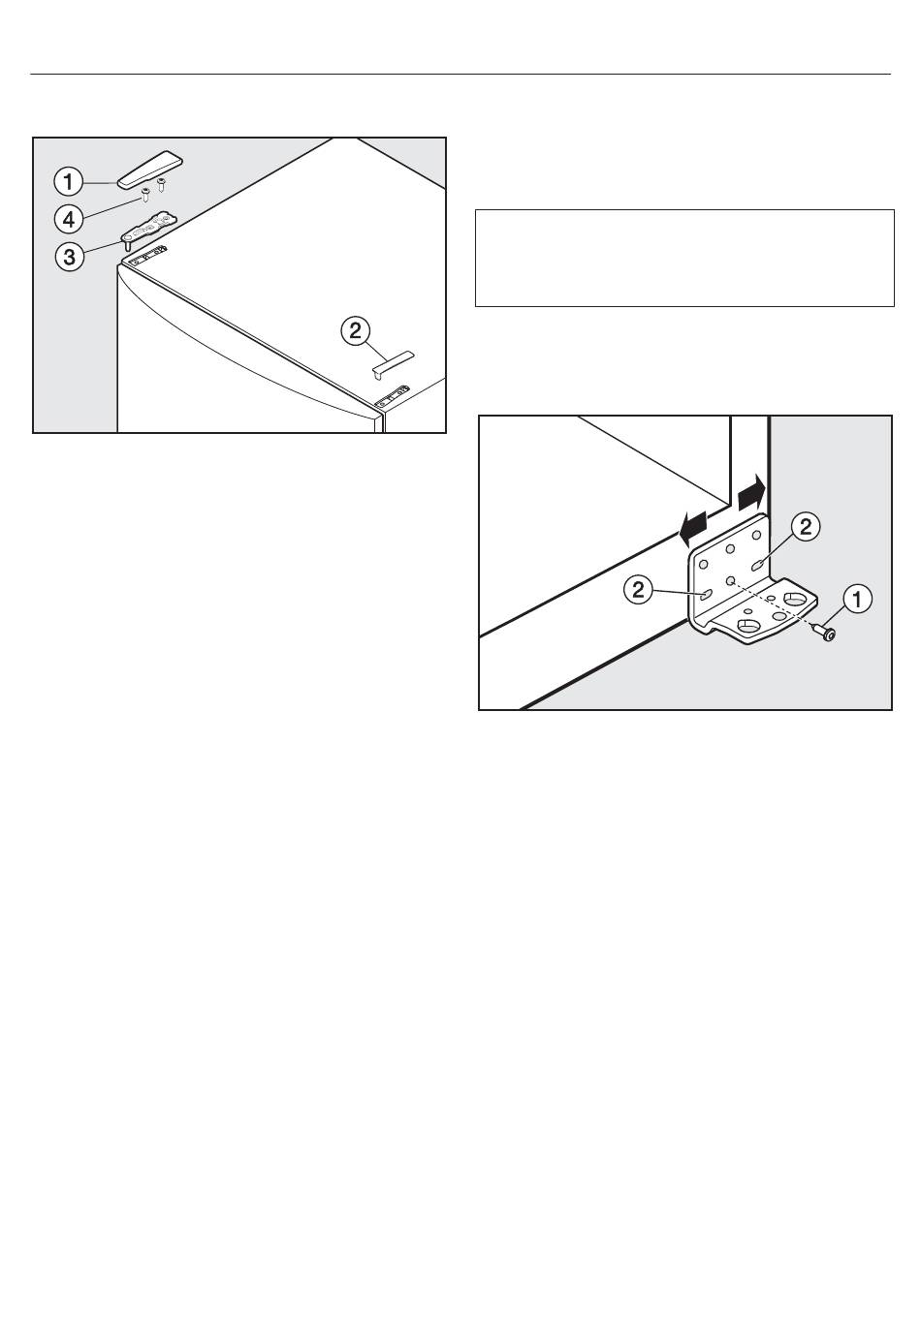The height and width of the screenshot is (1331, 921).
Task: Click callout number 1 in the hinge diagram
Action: pos(69,181)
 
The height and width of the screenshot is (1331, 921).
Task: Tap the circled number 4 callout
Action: pos(69,219)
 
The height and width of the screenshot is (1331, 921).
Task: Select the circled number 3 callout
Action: pos(70,257)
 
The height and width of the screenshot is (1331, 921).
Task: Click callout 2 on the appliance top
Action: pos(356,330)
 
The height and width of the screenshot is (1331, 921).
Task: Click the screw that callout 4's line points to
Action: pos(144,194)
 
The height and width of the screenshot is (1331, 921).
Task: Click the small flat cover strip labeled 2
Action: pos(392,363)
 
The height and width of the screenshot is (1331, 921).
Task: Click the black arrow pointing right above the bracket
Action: pos(751,491)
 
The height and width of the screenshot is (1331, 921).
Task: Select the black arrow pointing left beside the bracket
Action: pos(693,528)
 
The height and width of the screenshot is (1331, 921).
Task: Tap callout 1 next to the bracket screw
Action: pos(857,599)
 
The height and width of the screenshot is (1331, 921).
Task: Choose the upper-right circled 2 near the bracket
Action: pos(806,526)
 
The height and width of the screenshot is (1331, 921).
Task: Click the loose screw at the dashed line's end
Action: pos(825,633)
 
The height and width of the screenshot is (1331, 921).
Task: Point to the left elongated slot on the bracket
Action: pos(707,594)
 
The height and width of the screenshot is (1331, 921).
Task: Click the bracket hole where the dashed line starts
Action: pos(730,579)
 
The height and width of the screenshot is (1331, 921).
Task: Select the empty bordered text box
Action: pos(684,258)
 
